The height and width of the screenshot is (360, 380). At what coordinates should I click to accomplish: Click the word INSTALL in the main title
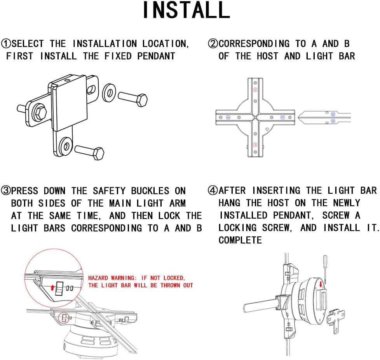coord(186,10)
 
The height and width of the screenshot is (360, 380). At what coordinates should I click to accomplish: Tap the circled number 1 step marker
coord(6,43)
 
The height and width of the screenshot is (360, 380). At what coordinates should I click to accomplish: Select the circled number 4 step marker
coord(213,190)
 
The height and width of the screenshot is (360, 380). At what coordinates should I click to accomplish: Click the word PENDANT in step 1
coord(156,56)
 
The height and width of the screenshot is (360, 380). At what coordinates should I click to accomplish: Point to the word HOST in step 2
coord(267,56)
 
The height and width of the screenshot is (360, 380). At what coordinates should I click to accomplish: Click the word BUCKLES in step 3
coord(150,191)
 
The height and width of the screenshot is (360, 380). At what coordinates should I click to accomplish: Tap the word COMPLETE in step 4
coord(240,240)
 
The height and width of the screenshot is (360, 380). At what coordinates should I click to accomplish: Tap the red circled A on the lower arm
coord(255,144)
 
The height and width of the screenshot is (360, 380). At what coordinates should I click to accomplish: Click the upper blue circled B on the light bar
coord(333,114)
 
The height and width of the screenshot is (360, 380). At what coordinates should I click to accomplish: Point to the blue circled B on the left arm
coord(228,117)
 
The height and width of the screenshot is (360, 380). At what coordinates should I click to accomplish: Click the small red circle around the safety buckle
coord(63,318)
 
